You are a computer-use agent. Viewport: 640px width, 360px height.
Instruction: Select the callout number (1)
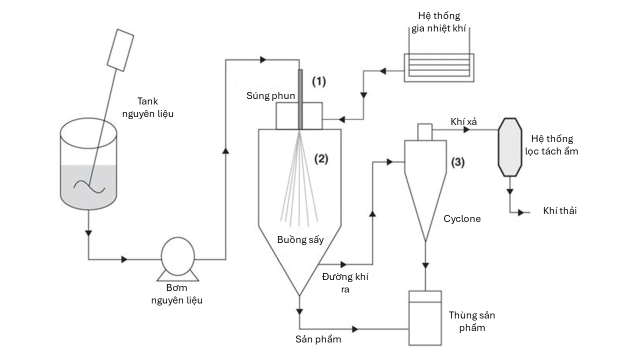coord(319,80)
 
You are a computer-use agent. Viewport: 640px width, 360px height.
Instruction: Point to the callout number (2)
coord(320,159)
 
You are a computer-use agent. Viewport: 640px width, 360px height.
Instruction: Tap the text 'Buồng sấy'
coord(300,239)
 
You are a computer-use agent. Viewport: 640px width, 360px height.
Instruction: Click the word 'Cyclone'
coord(462,218)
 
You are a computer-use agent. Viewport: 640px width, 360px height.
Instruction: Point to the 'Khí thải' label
coord(559,211)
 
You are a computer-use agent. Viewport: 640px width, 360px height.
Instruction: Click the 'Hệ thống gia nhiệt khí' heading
coord(438,22)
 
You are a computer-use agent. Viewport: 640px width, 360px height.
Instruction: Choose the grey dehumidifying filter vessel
coord(509,148)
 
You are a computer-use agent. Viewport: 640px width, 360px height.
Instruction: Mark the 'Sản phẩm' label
coord(318,339)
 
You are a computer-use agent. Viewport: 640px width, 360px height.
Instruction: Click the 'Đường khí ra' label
coord(345,283)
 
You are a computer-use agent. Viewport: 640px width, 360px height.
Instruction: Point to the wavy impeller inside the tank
coord(89,186)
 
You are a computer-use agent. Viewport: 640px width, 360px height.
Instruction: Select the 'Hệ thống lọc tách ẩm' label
coord(552,145)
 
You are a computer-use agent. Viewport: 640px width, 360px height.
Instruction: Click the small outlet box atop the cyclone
coord(424,131)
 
